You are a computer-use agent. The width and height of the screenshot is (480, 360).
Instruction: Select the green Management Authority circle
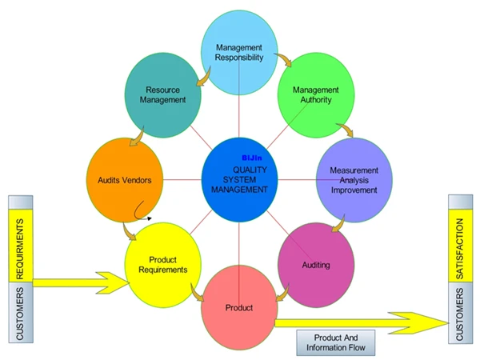[x=315, y=94]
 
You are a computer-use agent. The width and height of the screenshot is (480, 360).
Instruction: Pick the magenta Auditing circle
[x=315, y=264]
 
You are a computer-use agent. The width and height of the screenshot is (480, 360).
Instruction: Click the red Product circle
[x=239, y=307]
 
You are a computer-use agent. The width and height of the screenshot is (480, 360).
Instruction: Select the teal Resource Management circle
[x=166, y=94]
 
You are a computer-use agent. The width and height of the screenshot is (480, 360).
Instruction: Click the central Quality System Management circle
[x=239, y=179]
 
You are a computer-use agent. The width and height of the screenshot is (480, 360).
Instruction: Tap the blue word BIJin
[x=252, y=158]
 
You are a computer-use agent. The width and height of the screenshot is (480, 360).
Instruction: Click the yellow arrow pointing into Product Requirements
[x=80, y=282]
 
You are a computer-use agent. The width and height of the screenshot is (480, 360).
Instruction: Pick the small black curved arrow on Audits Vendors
[x=144, y=211]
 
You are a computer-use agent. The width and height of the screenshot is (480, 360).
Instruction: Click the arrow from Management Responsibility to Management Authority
[x=283, y=61]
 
